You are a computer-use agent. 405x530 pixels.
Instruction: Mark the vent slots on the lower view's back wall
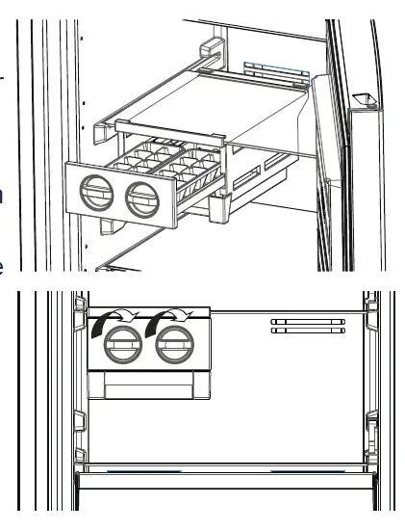pyautogui.click(x=307, y=326)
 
